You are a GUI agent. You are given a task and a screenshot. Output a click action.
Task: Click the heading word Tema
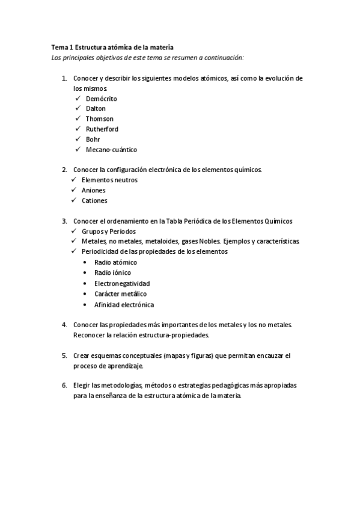[x=59, y=46]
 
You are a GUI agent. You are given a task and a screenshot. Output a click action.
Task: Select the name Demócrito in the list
[x=101, y=98]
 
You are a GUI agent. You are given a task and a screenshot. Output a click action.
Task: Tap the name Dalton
[x=96, y=108]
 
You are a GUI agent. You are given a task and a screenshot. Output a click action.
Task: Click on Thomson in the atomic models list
[x=99, y=118]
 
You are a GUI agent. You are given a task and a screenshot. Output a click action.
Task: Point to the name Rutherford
[x=102, y=129]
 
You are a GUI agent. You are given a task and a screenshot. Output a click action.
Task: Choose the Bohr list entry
[x=93, y=139]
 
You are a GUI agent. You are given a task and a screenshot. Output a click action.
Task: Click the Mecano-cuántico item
[x=111, y=149]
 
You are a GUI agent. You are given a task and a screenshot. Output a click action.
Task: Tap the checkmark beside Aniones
[x=73, y=190]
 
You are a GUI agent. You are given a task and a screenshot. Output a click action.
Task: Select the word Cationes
[x=94, y=200]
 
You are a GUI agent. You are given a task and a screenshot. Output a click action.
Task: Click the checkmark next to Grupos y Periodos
[x=73, y=231]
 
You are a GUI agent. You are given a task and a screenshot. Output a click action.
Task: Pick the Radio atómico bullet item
[x=115, y=262]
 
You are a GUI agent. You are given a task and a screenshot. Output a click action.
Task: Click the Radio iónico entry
[x=112, y=272]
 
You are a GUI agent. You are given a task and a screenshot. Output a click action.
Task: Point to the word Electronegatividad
[x=122, y=283]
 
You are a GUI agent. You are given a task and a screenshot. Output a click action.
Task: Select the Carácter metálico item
[x=120, y=293]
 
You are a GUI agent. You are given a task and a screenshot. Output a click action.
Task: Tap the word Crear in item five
[x=81, y=355]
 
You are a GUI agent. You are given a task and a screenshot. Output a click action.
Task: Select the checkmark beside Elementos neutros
[x=73, y=180]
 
